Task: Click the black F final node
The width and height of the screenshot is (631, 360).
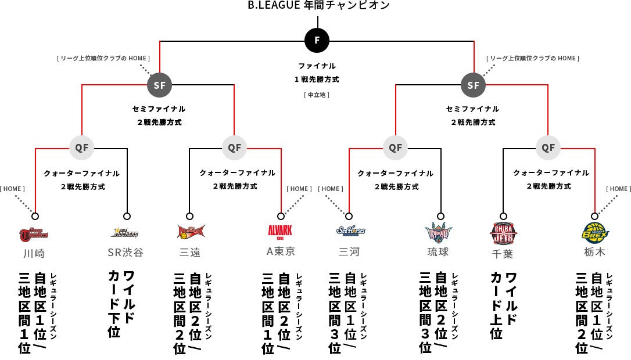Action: pyautogui.click(x=317, y=41)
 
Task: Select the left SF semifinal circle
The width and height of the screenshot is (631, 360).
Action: pyautogui.click(x=159, y=85)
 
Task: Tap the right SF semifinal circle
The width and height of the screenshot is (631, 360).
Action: pyautogui.click(x=473, y=85)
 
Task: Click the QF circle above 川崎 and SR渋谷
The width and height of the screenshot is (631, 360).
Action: pyautogui.click(x=82, y=147)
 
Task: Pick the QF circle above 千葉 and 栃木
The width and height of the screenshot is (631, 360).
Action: pyautogui.click(x=548, y=147)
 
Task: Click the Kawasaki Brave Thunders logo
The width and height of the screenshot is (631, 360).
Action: pyautogui.click(x=34, y=233)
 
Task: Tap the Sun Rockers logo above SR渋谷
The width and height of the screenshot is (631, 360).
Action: pyautogui.click(x=124, y=233)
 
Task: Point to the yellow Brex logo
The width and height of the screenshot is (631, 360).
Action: pyautogui.click(x=595, y=232)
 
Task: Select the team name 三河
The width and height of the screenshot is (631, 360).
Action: pyautogui.click(x=350, y=252)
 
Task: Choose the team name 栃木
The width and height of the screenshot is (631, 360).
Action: pyautogui.click(x=594, y=252)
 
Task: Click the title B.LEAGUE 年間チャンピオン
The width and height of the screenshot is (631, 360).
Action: pyautogui.click(x=318, y=5)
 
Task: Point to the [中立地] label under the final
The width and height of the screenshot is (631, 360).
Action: pyautogui.click(x=317, y=94)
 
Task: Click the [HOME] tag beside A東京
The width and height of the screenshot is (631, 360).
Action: pyautogui.click(x=299, y=189)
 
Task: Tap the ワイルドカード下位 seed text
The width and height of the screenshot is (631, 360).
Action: pyautogui.click(x=121, y=303)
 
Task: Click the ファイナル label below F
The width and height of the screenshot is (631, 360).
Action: pyautogui.click(x=317, y=66)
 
